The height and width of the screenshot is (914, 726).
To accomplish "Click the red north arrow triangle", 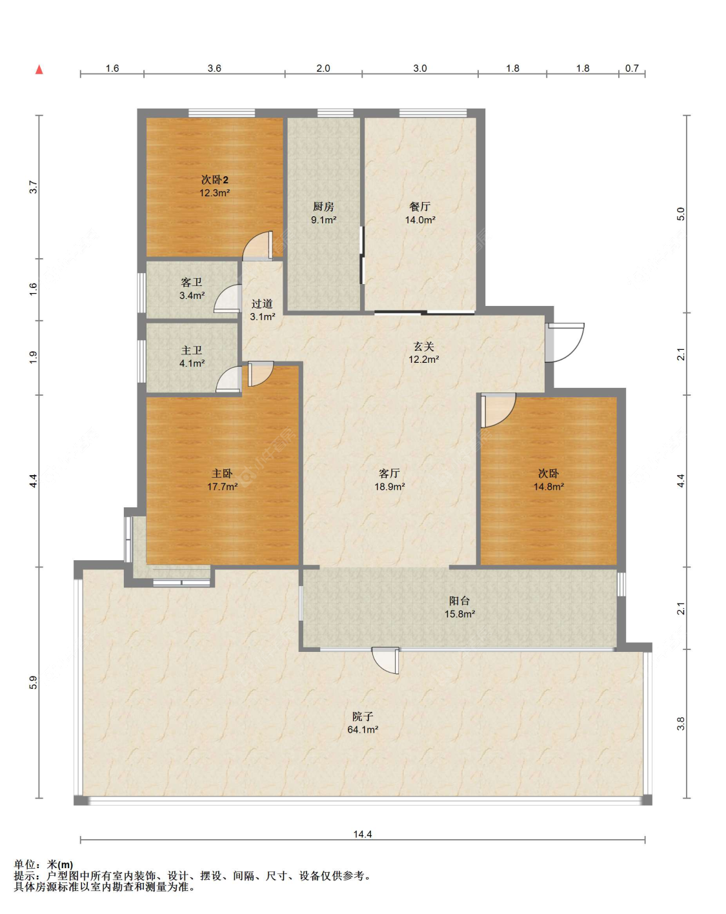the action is (x=39, y=69).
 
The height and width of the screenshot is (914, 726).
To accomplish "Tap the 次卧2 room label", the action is (x=214, y=179).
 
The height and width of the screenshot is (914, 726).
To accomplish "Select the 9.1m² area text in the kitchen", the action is (x=323, y=219).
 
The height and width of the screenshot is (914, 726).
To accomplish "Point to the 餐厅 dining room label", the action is (x=419, y=207).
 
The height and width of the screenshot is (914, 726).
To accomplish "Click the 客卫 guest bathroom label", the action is (x=192, y=283).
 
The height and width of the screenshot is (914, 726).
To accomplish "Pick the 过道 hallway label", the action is (x=262, y=303).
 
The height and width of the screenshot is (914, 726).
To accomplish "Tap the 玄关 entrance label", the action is (x=424, y=347).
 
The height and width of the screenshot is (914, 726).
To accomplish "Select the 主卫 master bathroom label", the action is (x=192, y=350).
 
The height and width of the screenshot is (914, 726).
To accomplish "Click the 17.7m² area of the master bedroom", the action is (x=222, y=487).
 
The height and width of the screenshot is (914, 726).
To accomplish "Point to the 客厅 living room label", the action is (x=389, y=474).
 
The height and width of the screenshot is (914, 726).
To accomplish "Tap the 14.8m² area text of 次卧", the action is (x=549, y=487).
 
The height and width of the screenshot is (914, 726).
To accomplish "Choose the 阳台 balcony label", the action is (x=459, y=601).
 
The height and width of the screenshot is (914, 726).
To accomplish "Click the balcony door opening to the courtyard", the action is (x=385, y=660).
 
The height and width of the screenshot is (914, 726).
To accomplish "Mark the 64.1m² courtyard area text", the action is (x=363, y=729).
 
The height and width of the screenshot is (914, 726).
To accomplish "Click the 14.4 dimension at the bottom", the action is (x=363, y=834).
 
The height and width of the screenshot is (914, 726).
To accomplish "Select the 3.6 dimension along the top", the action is (x=214, y=68).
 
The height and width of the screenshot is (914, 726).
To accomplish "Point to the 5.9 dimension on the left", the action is (x=34, y=682).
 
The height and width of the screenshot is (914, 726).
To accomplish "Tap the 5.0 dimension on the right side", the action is (x=681, y=214).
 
